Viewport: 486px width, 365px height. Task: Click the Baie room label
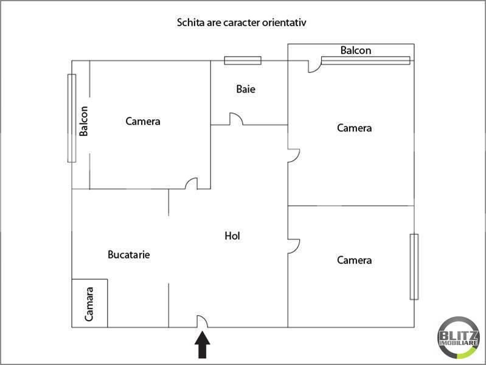[x=246, y=89]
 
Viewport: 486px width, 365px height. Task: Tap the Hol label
[x=232, y=236]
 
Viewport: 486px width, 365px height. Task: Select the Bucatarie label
[x=129, y=255]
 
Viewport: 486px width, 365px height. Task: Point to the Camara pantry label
[x=89, y=304]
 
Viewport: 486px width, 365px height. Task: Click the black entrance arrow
[x=203, y=345]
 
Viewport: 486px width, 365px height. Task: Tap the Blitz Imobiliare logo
[x=459, y=338]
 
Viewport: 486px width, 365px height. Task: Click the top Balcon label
[x=356, y=50]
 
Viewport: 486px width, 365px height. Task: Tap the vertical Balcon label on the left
[x=83, y=121]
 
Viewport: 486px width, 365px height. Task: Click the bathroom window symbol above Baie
[x=243, y=60]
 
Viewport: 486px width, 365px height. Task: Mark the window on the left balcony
[x=72, y=118]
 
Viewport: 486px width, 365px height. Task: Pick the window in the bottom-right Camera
[x=414, y=266]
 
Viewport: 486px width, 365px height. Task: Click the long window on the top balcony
[x=366, y=60]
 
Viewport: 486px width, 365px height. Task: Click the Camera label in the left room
[x=143, y=121]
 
